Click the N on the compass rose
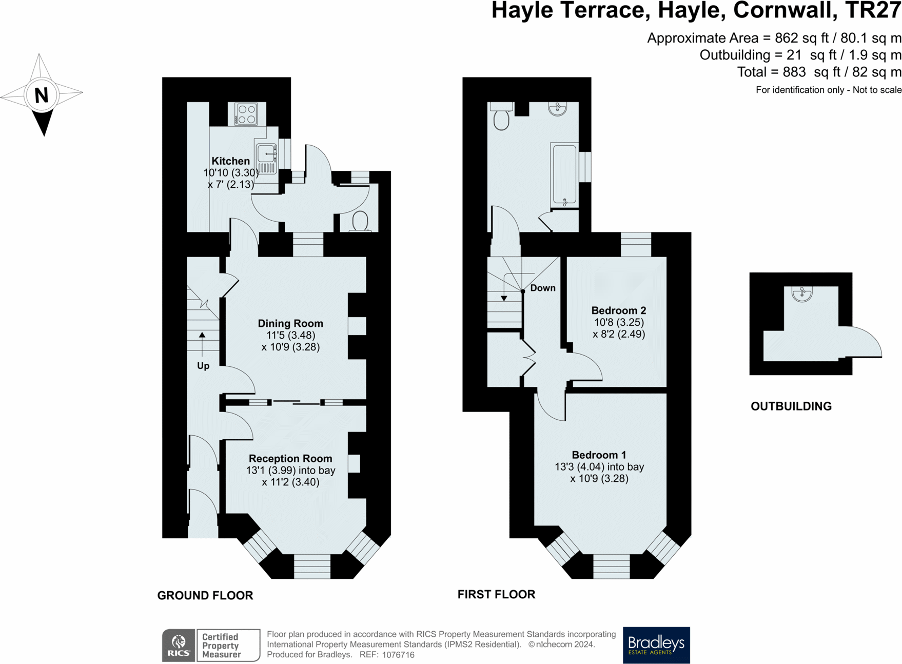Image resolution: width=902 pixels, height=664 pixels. [x=42, y=95]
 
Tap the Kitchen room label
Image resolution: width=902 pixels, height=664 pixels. [x=230, y=161]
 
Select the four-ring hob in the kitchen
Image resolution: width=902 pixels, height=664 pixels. [x=246, y=114]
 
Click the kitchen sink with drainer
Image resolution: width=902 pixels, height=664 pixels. [x=266, y=159]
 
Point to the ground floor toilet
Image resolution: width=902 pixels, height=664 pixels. [x=361, y=222]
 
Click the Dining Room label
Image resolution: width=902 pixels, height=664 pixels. [x=290, y=323]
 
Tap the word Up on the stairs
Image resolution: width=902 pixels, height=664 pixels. [x=203, y=366]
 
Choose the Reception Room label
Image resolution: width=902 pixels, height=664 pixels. [x=290, y=458]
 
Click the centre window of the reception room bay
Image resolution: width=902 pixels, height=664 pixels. [x=312, y=567]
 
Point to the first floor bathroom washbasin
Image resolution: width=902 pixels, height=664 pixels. [x=557, y=109]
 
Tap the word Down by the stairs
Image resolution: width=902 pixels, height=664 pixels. [x=543, y=288]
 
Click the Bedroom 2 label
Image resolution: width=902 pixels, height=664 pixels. [x=619, y=310]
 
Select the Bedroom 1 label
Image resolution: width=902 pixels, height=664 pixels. [x=599, y=455]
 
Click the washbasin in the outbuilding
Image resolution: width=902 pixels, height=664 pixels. [x=802, y=294]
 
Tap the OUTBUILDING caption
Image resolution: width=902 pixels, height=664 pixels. [x=791, y=406]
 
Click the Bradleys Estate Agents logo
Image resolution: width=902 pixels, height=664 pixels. [x=656, y=645]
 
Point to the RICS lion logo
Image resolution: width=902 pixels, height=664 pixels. [x=179, y=645]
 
